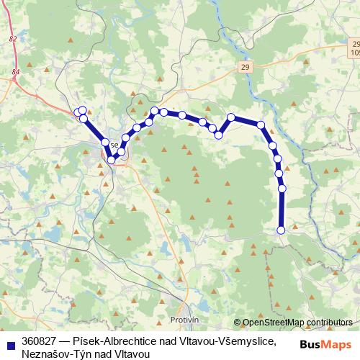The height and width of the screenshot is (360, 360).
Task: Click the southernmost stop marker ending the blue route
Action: [281, 230]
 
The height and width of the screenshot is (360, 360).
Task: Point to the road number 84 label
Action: [16, 72]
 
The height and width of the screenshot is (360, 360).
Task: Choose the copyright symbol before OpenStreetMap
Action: [238, 323]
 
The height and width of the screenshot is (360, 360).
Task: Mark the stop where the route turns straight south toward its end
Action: [279, 173]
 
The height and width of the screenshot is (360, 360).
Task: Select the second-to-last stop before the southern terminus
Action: [282, 189]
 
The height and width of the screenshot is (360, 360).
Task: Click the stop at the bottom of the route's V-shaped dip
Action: [112, 160]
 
